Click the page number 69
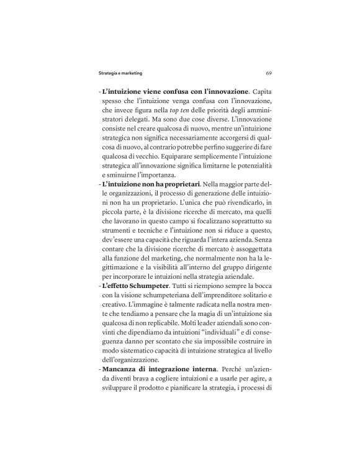pos(267,73)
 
